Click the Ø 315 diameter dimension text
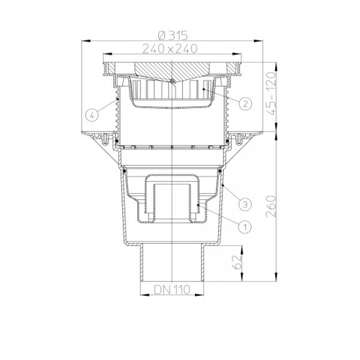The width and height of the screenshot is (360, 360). click(173, 35)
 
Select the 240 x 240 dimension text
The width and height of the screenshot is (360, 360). click(170, 49)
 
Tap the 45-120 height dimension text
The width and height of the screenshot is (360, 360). click(271, 94)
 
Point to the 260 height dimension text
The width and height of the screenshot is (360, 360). click(271, 206)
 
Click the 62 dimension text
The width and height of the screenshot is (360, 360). click(237, 262)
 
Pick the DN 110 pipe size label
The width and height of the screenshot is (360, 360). click(172, 290)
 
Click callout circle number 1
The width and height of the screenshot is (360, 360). click(245, 227)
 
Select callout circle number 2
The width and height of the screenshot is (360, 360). click(245, 104)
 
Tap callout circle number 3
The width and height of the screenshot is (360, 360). click(245, 204)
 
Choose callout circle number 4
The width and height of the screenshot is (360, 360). click(92, 115)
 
